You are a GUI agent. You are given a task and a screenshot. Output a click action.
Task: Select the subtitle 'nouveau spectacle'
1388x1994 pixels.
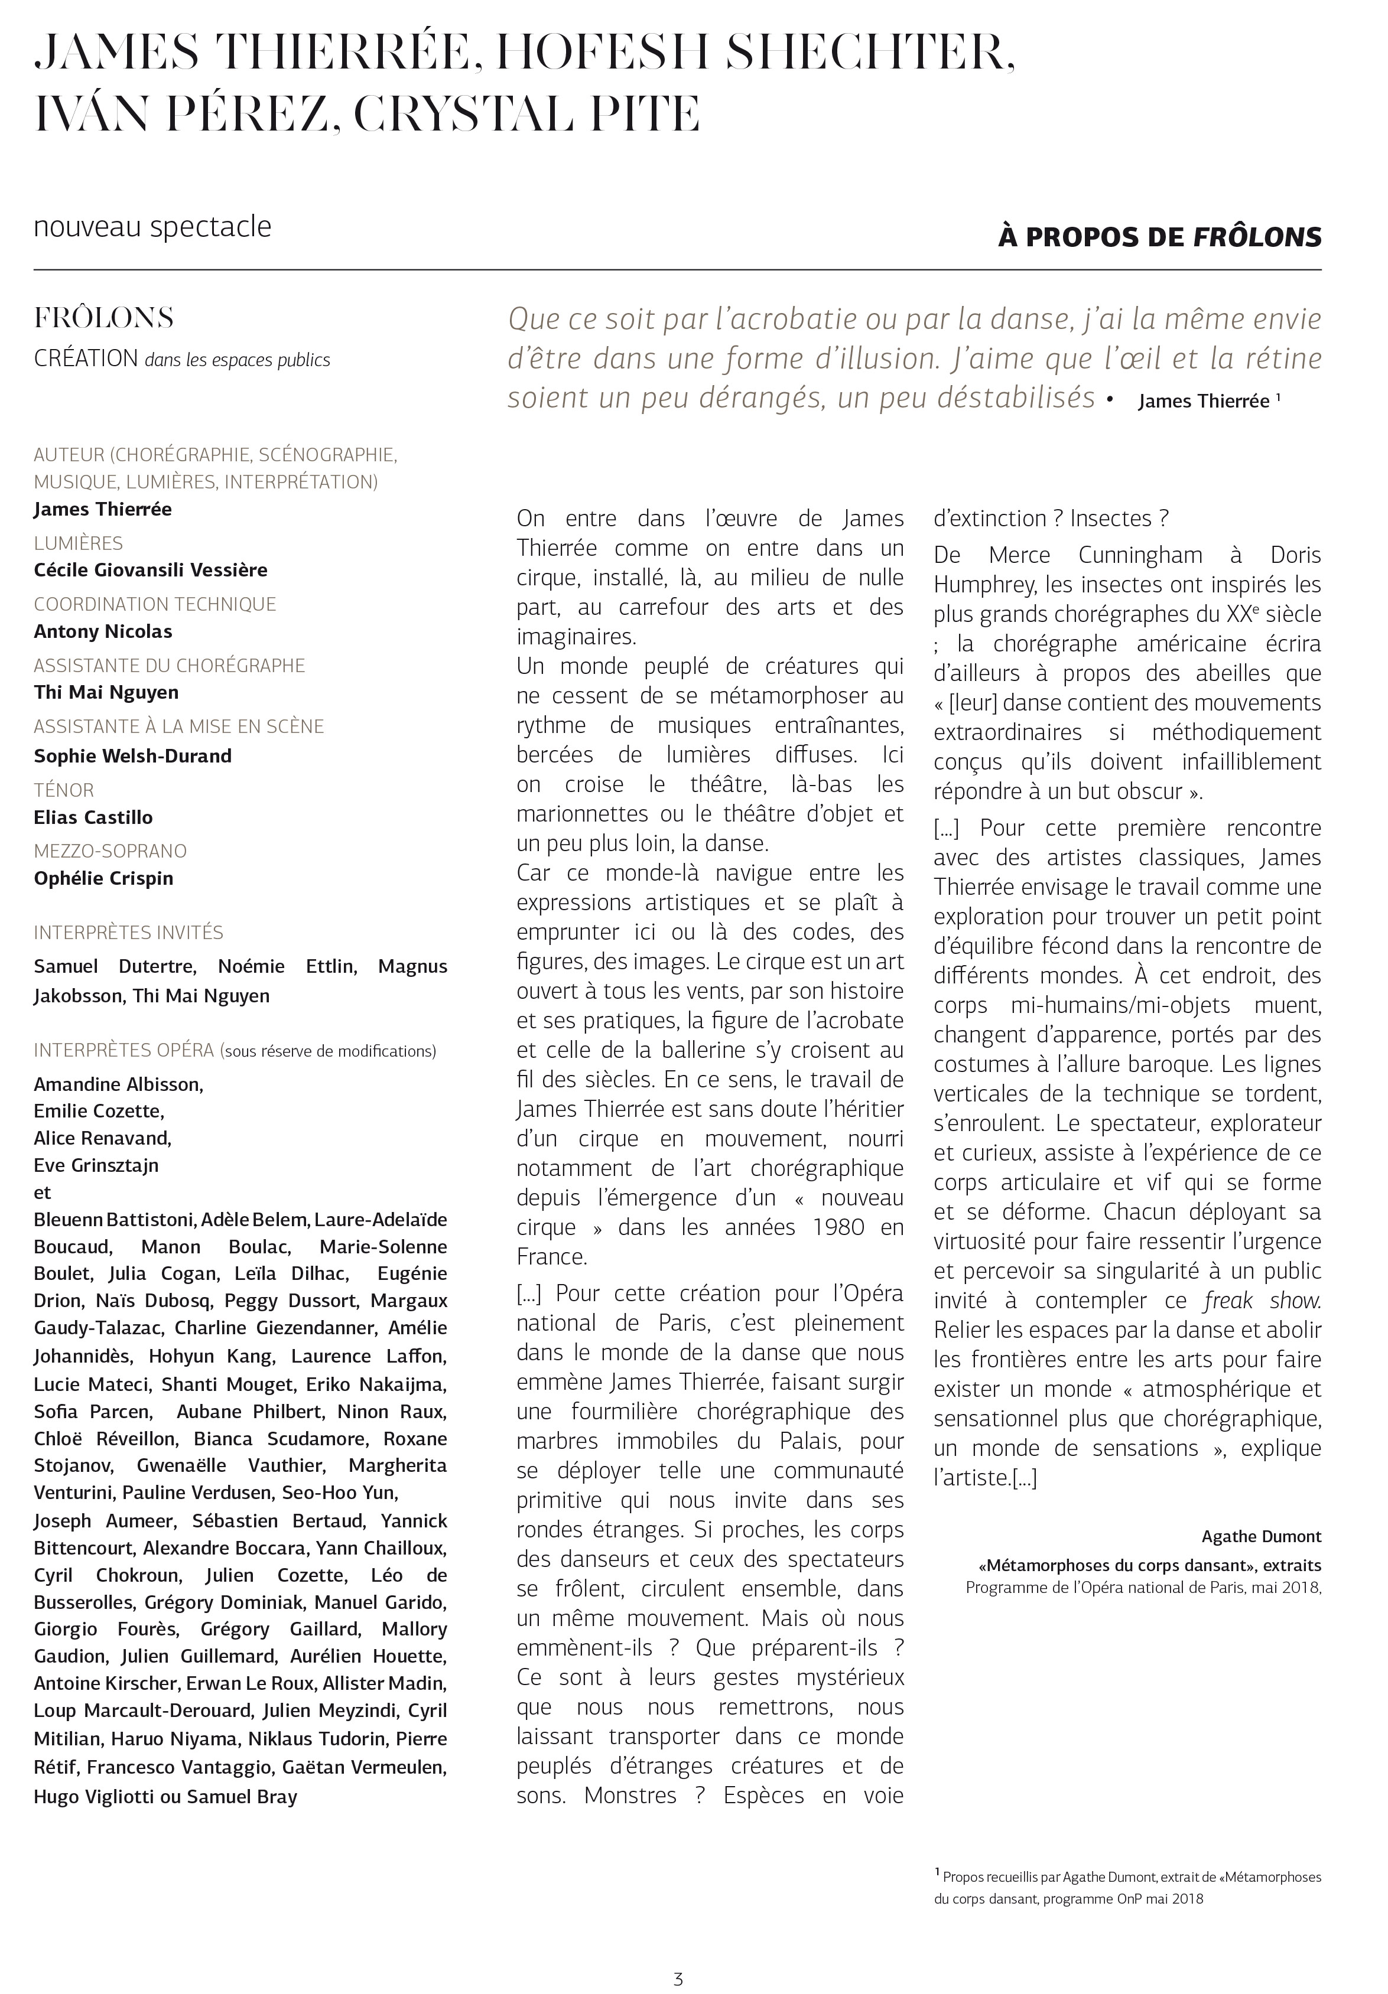pyautogui.click(x=153, y=227)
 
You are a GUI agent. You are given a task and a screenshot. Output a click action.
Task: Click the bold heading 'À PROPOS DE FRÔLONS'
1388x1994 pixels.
pyautogui.click(x=1159, y=237)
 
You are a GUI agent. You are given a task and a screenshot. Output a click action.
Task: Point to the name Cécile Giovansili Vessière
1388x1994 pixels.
pyautogui.click(x=150, y=570)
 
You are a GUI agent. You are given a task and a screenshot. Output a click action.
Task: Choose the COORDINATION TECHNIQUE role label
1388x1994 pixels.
pyautogui.click(x=155, y=604)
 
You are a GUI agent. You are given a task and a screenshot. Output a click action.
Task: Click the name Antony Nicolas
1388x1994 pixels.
pyautogui.click(x=102, y=631)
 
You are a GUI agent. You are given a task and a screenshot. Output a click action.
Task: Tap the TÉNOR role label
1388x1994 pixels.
pyautogui.click(x=63, y=790)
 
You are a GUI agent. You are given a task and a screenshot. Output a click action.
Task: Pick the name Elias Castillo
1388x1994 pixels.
pyautogui.click(x=93, y=817)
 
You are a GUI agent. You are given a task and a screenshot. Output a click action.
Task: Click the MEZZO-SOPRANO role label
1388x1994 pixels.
pyautogui.click(x=110, y=851)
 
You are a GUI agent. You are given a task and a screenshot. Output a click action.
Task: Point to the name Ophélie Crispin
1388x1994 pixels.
pyautogui.click(x=103, y=878)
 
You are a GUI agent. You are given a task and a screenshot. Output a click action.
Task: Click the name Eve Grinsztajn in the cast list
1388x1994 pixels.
pyautogui.click(x=96, y=1165)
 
